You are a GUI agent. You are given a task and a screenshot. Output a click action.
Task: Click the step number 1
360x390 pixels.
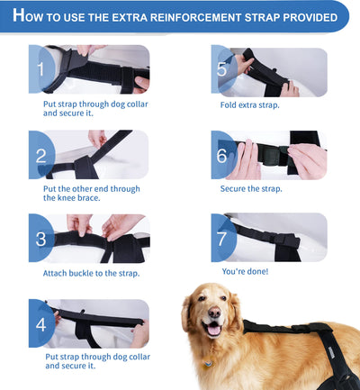pyautogui.click(x=40, y=69)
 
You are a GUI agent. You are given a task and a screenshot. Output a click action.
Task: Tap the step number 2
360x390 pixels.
pyautogui.click(x=40, y=154)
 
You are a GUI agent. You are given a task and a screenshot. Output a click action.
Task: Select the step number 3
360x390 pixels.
pyautogui.click(x=40, y=238)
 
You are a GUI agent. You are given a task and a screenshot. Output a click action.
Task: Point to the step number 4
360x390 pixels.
pyautogui.click(x=40, y=323)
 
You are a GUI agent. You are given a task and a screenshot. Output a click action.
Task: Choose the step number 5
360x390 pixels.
pyautogui.click(x=221, y=69)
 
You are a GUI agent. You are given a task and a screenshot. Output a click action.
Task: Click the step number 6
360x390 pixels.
pyautogui.click(x=221, y=154)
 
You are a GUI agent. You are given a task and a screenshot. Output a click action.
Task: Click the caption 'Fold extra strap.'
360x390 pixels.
pyautogui.click(x=250, y=105)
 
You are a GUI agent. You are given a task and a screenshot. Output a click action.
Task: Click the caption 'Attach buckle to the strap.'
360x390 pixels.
pyautogui.click(x=91, y=273)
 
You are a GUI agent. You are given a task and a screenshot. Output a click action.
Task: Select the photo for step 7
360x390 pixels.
pyautogui.click(x=269, y=237)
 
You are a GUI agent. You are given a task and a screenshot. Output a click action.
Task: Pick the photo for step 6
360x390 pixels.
pyautogui.click(x=269, y=154)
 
